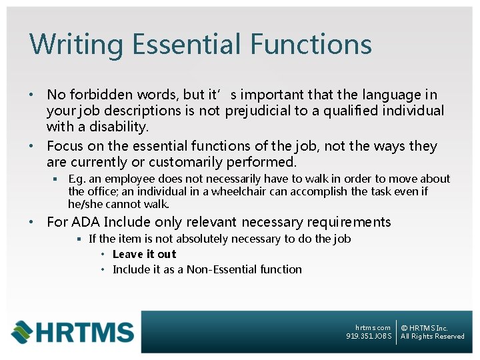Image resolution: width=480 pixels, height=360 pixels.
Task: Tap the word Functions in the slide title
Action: pos(311,45)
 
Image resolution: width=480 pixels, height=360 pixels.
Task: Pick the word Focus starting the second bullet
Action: pos(65,146)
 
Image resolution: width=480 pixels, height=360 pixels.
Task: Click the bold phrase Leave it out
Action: pos(145,254)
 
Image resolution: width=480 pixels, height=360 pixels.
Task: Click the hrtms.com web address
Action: pos(373,327)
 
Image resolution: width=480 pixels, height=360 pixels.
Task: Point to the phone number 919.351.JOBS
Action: pos(369,336)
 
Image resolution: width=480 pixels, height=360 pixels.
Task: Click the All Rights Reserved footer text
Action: pos(432,336)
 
